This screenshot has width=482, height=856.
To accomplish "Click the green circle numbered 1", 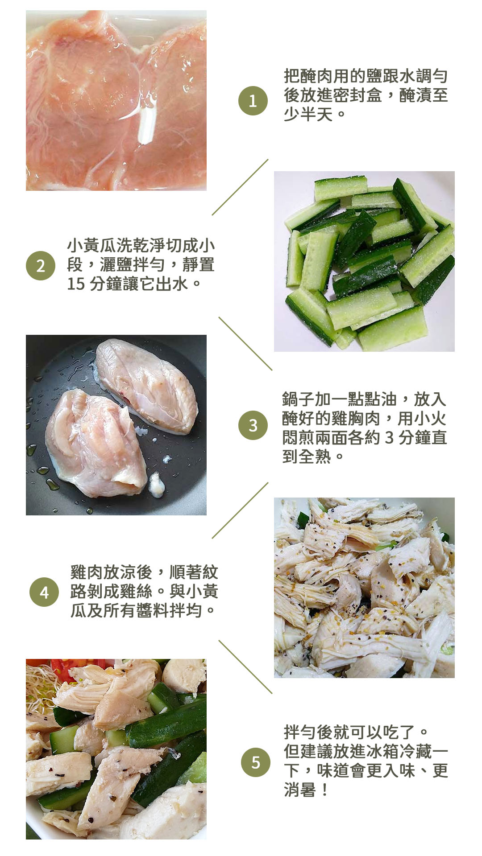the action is (253, 101).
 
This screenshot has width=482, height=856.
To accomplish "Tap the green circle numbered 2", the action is (41, 266).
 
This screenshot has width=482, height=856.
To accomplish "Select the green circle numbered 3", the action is (253, 425).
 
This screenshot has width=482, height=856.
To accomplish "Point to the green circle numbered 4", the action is (44, 592).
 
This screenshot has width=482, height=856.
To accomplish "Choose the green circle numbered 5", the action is (256, 762).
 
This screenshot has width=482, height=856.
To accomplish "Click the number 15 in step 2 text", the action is (76, 284).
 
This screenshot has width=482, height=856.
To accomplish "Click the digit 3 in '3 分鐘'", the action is (389, 437).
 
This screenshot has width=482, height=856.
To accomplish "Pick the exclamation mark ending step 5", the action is (324, 790).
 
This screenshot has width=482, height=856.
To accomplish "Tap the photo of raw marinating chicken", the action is (116, 101).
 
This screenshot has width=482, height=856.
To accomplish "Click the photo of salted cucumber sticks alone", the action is (364, 261).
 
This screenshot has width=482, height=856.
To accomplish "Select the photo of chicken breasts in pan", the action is (116, 425).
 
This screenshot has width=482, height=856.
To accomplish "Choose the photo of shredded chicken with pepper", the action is (364, 588).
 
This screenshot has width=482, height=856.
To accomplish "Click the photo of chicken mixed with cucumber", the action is (116, 749).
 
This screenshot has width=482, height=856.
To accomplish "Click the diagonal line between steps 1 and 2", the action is (240, 187).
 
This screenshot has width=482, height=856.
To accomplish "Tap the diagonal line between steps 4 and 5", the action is (245, 667).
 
